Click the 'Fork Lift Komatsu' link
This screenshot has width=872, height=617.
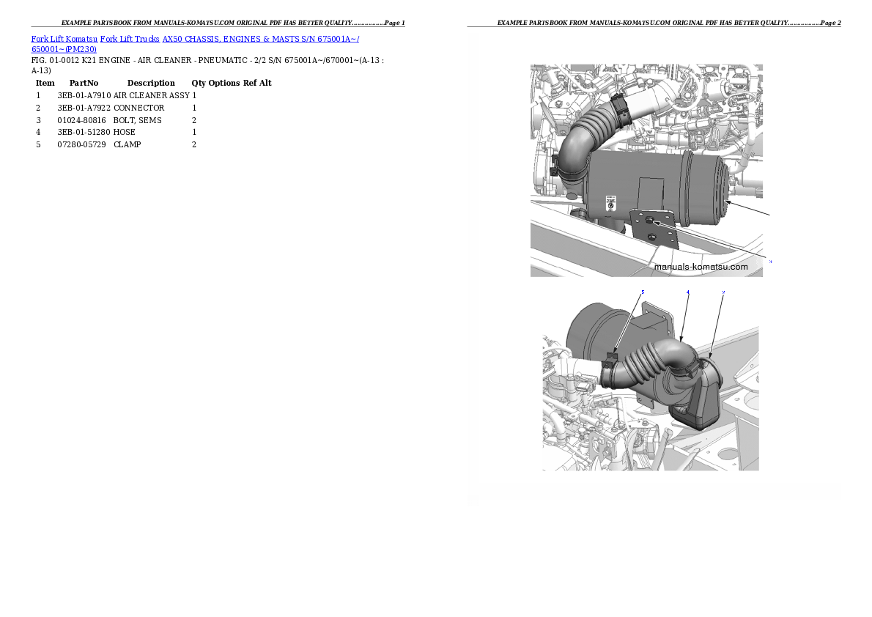tap(64, 39)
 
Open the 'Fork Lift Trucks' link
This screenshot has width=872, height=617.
tap(130, 39)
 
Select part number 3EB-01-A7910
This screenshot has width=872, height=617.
tap(84, 96)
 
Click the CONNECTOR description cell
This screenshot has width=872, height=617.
tap(139, 108)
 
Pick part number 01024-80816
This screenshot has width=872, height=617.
tap(82, 120)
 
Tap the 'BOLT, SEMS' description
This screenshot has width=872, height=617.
tap(137, 120)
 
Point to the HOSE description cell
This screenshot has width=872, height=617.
tap(125, 133)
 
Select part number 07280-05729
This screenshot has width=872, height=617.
tap(82, 144)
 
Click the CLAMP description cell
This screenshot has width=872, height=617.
tap(128, 144)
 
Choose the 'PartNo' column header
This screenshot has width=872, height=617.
tap(84, 83)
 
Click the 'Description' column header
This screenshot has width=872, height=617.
tap(151, 83)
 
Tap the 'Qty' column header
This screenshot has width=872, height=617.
tap(199, 83)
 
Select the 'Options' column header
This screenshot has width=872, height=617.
tap(224, 83)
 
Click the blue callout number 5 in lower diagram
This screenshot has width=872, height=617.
tap(643, 292)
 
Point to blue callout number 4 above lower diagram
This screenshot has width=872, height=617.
tap(688, 292)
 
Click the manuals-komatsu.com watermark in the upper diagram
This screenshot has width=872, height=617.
tap(701, 267)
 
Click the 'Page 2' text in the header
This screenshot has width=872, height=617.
tap(830, 23)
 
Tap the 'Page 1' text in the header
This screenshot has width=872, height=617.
tap(395, 23)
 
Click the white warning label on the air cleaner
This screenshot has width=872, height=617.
tap(610, 202)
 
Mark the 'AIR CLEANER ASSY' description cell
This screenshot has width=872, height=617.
tap(152, 96)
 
